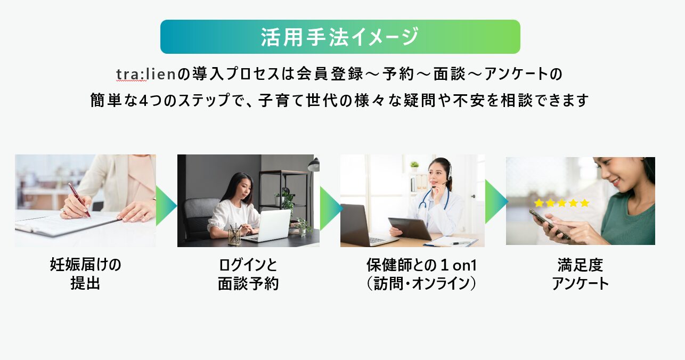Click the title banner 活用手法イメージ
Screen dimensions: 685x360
click(x=340, y=37)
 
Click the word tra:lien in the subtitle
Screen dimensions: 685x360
click(x=146, y=74)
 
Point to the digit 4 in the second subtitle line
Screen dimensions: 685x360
click(x=143, y=101)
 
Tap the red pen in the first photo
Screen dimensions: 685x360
click(x=79, y=200)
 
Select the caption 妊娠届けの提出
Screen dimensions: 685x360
click(x=85, y=274)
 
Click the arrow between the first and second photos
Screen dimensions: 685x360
click(x=166, y=206)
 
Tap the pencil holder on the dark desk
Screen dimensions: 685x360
click(x=234, y=235)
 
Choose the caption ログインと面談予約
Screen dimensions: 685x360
click(x=248, y=274)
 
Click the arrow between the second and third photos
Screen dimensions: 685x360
click(x=331, y=209)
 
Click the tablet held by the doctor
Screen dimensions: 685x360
click(x=410, y=228)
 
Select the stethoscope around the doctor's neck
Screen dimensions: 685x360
click(x=434, y=198)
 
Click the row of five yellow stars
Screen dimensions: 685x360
click(x=562, y=203)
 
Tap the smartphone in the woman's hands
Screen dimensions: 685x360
click(x=550, y=224)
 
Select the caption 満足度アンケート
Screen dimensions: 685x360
click(x=580, y=274)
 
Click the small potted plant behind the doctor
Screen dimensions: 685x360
click(x=414, y=166)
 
